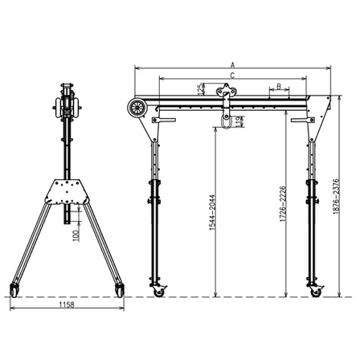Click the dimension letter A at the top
[x=232, y=63]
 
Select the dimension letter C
[x=232, y=75]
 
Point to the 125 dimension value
[x=201, y=89]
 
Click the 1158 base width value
[x=67, y=306]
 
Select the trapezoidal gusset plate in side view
[x=67, y=191]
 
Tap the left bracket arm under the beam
[x=165, y=121]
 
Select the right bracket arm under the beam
[x=301, y=121]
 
